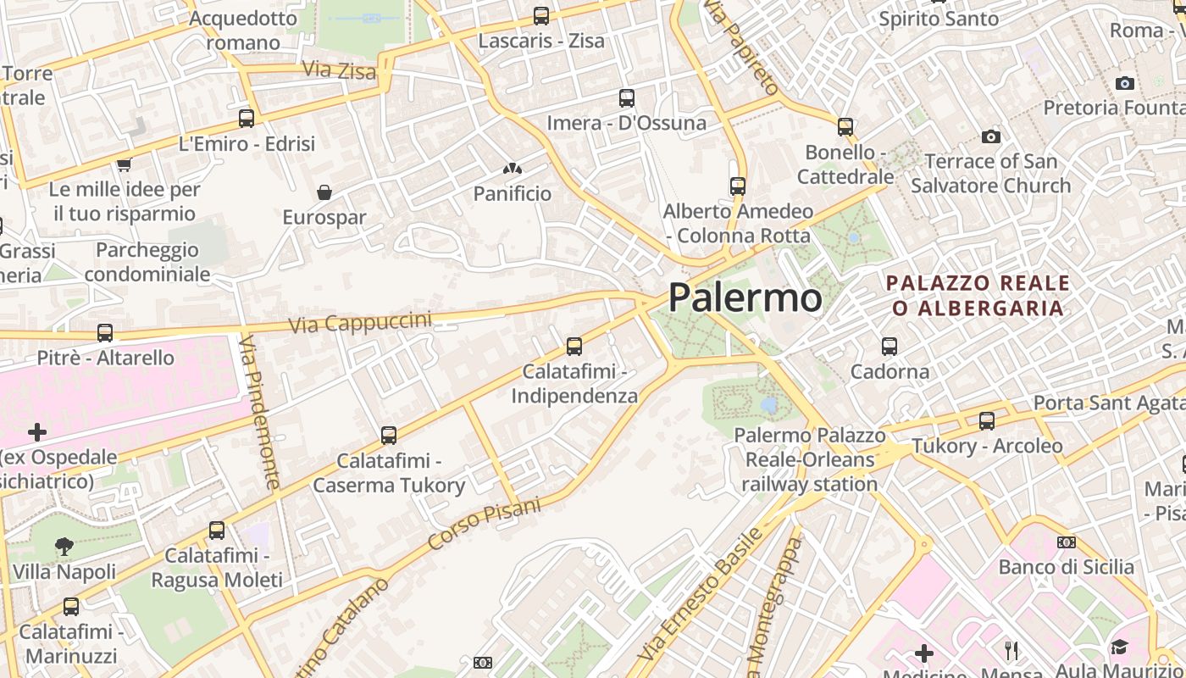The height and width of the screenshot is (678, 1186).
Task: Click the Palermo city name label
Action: [745, 297]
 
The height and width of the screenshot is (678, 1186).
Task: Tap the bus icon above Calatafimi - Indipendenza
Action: [574, 346]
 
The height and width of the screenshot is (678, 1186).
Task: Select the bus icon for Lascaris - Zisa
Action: [541, 15]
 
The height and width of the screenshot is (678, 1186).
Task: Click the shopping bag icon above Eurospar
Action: [324, 192]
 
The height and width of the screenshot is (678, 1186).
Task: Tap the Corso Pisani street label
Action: [484, 523]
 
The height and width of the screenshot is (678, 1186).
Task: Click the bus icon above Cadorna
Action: [890, 346]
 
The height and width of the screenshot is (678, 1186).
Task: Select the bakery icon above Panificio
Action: [512, 169]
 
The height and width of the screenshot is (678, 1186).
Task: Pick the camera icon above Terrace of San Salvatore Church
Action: [990, 136]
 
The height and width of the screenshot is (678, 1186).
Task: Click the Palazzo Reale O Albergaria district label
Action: [978, 295]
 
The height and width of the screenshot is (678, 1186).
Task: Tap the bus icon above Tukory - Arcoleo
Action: [987, 420]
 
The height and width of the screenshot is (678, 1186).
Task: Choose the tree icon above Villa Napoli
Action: [64, 547]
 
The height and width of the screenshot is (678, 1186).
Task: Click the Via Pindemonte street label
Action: [260, 411]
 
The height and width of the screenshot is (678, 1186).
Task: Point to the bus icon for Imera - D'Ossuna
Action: [627, 98]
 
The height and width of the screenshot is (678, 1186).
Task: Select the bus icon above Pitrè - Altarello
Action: [105, 333]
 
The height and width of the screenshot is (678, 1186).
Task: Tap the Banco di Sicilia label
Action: [1066, 567]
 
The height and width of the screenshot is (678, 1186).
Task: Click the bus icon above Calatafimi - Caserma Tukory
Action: [389, 436]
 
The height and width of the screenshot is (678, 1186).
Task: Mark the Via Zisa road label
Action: [339, 70]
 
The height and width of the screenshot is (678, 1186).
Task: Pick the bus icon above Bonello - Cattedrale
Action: [845, 127]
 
